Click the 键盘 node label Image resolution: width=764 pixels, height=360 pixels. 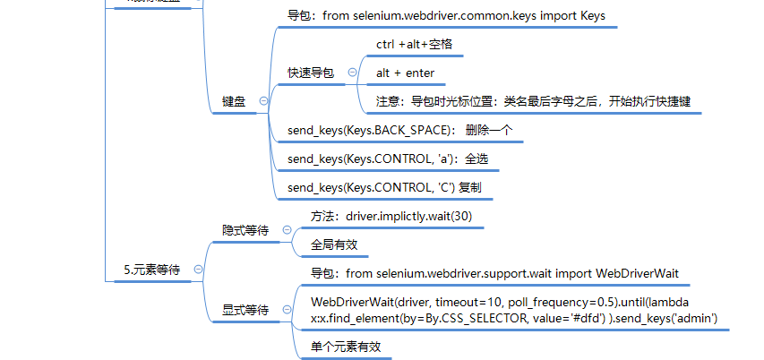tap(234, 102)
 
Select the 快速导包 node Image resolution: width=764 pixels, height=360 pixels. tap(311, 73)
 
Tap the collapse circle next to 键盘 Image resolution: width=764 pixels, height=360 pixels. tap(262, 102)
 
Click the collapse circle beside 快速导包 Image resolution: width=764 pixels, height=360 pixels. tap(352, 73)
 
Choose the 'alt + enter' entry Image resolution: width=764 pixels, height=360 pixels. tap(405, 73)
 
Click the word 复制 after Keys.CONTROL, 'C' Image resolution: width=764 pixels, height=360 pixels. tap(470, 187)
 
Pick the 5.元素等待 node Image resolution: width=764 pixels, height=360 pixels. tap(151, 269)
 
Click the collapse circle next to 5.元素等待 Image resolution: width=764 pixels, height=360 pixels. tap(198, 269)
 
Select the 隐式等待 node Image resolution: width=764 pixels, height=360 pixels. tap(245, 230)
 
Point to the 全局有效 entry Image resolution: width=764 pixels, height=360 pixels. tap(334, 244)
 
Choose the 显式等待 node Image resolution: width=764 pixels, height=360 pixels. tap(245, 310)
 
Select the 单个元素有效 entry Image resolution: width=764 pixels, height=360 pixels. tap(346, 347)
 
